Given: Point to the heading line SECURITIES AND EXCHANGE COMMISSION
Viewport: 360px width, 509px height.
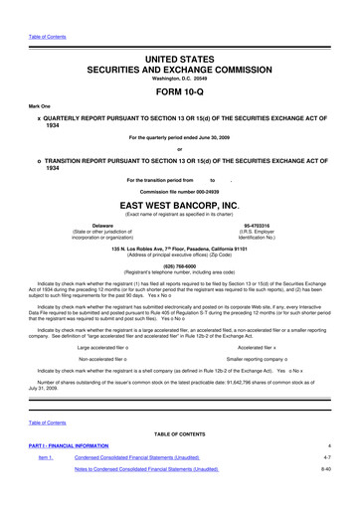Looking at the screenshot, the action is click(180, 46).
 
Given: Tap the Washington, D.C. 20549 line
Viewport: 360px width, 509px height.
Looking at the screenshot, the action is click(180, 57).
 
